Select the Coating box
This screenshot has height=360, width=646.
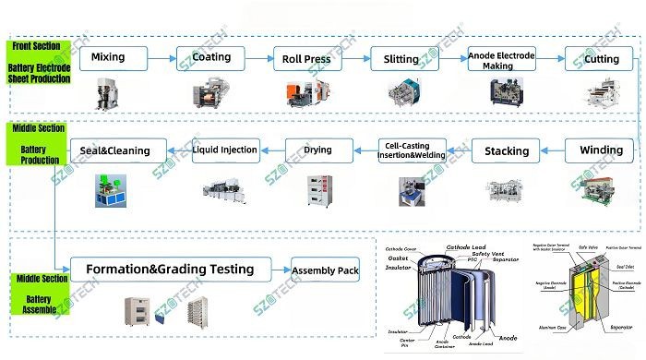pyautogui.click(x=211, y=58)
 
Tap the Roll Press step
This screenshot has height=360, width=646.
pyautogui.click(x=307, y=59)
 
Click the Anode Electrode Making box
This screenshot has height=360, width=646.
pyautogui.click(x=501, y=59)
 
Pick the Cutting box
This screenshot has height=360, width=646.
pyautogui.click(x=601, y=59)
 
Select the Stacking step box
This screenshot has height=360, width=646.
pyautogui.click(x=507, y=150)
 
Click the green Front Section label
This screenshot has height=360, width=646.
pyautogui.click(x=40, y=63)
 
